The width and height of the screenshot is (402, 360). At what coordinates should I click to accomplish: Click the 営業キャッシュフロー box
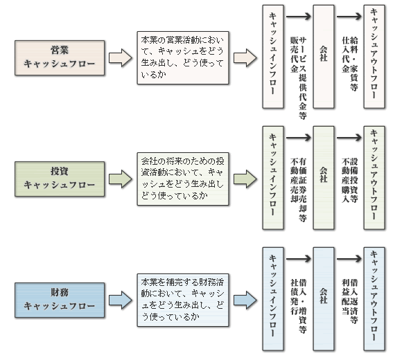click(x=60, y=58)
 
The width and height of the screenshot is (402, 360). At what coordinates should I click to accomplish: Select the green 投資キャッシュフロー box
click(x=60, y=179)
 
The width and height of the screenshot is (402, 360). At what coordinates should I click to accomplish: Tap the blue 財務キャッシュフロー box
click(x=60, y=300)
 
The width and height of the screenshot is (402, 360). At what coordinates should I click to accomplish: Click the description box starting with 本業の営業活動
click(x=183, y=58)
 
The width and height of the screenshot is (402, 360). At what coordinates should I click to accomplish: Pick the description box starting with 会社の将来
click(x=183, y=179)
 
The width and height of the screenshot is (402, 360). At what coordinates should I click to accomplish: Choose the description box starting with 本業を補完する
click(x=183, y=300)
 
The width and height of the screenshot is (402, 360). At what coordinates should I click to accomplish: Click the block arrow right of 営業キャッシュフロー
click(x=121, y=58)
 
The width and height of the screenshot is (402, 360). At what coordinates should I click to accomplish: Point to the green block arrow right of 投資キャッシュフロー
click(x=121, y=179)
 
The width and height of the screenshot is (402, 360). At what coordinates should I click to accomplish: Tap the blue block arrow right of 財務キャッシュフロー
click(x=121, y=300)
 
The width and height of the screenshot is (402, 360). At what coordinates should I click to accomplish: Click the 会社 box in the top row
click(x=324, y=57)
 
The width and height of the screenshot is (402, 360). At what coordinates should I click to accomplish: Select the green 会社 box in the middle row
click(x=324, y=178)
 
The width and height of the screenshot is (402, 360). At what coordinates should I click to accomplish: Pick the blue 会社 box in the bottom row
click(x=324, y=299)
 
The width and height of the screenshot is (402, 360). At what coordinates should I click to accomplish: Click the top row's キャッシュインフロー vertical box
click(x=273, y=57)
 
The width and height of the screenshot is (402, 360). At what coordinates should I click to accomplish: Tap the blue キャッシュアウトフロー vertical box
click(x=374, y=299)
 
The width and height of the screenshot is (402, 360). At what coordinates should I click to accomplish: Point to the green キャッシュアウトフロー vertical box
click(x=374, y=178)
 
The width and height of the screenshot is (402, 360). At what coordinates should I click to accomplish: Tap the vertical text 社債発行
click(x=295, y=297)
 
